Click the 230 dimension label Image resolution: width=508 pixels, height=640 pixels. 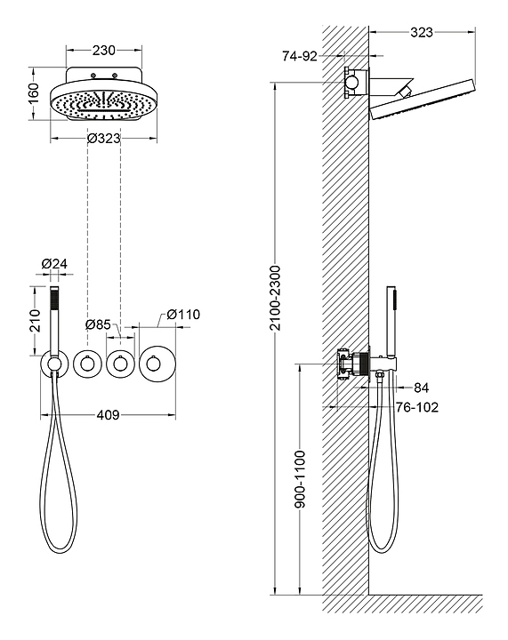point(104,50)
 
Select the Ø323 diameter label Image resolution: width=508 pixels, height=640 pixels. point(104,139)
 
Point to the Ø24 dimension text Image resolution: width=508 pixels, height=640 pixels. point(54,264)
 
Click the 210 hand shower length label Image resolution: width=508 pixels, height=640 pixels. point(35,321)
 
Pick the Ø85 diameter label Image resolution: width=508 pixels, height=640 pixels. point(98,324)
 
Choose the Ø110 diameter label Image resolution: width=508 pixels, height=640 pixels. point(183,315)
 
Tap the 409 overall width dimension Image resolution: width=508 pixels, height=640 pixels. point(109,415)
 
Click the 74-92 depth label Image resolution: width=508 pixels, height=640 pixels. point(300,56)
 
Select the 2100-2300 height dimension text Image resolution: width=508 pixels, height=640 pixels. point(276,298)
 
